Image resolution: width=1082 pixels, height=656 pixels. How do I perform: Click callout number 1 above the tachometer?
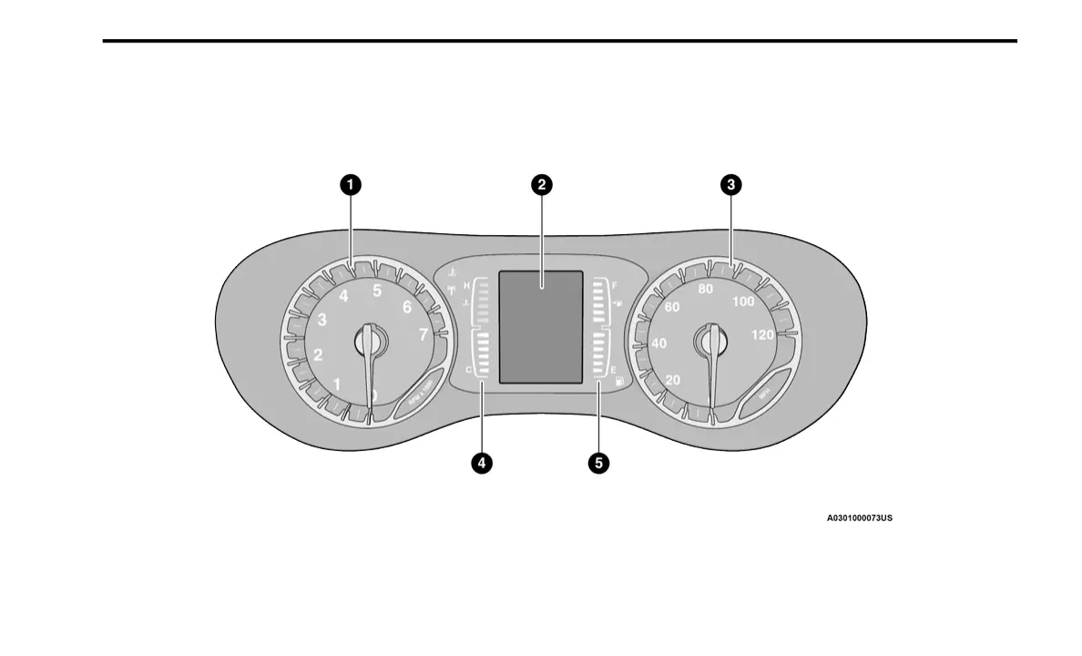pyautogui.click(x=351, y=185)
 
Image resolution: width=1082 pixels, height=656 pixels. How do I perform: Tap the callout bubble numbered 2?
pyautogui.click(x=542, y=185)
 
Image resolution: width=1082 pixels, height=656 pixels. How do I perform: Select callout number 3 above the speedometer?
pyautogui.click(x=730, y=185)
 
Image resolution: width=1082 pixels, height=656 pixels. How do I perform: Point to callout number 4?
pyautogui.click(x=482, y=463)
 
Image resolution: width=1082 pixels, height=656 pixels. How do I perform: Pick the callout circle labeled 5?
pyautogui.click(x=598, y=463)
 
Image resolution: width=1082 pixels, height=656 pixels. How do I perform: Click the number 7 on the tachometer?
pyautogui.click(x=424, y=334)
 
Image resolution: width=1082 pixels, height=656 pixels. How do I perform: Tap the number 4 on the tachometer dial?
pyautogui.click(x=343, y=296)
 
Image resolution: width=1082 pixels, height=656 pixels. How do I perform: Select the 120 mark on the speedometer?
pyautogui.click(x=763, y=334)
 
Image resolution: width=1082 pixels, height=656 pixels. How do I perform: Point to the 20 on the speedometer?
pyautogui.click(x=673, y=380)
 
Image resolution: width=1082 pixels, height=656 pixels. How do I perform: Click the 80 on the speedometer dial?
pyautogui.click(x=705, y=290)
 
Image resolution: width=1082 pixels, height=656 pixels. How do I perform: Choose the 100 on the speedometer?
pyautogui.click(x=743, y=302)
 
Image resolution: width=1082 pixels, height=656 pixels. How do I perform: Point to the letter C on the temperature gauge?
pyautogui.click(x=468, y=370)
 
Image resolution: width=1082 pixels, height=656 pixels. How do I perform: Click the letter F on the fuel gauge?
pyautogui.click(x=615, y=285)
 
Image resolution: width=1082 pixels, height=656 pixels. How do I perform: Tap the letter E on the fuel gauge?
pyautogui.click(x=613, y=370)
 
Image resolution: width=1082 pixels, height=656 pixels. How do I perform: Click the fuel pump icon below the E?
pyautogui.click(x=619, y=382)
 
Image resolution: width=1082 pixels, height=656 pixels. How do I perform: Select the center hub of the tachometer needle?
pyautogui.click(x=370, y=340)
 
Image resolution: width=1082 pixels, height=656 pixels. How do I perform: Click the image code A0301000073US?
pyautogui.click(x=859, y=518)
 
